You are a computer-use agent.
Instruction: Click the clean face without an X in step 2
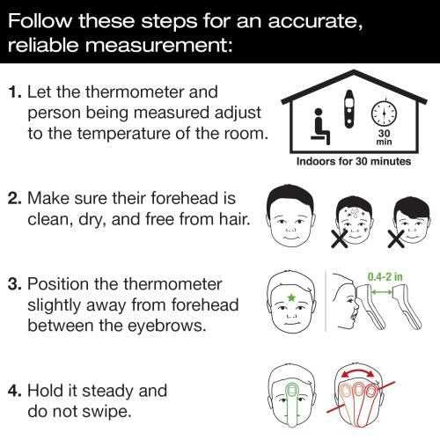click(x=291, y=216)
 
